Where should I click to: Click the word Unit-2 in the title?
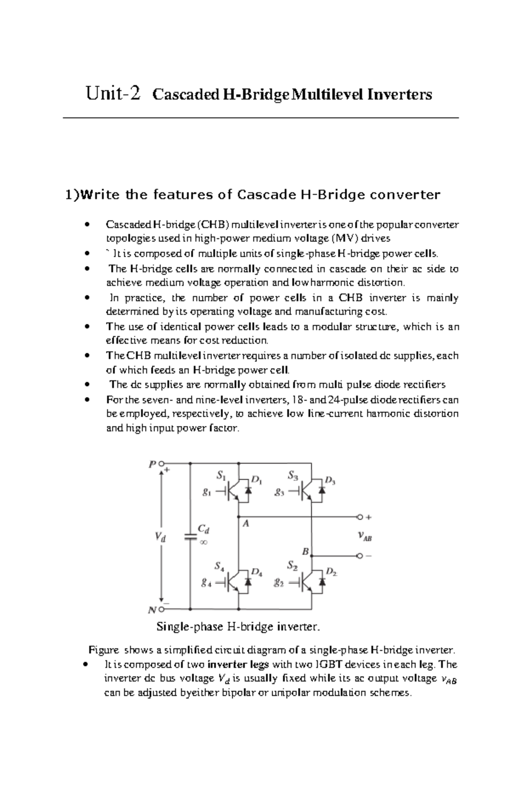point(113,94)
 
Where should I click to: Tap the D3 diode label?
point(330,481)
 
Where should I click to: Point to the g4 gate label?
point(206,583)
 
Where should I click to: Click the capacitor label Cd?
point(204,529)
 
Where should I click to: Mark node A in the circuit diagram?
point(246,524)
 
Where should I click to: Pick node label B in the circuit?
point(305,551)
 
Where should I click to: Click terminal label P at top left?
point(152,464)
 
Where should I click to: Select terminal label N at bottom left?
point(152,610)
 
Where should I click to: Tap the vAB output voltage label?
point(365,537)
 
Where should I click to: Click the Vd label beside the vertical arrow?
point(160,537)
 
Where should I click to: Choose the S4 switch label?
point(219,566)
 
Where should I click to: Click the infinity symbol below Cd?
point(203,542)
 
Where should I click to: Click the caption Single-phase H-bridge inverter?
point(237,627)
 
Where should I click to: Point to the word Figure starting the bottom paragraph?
point(103,650)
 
